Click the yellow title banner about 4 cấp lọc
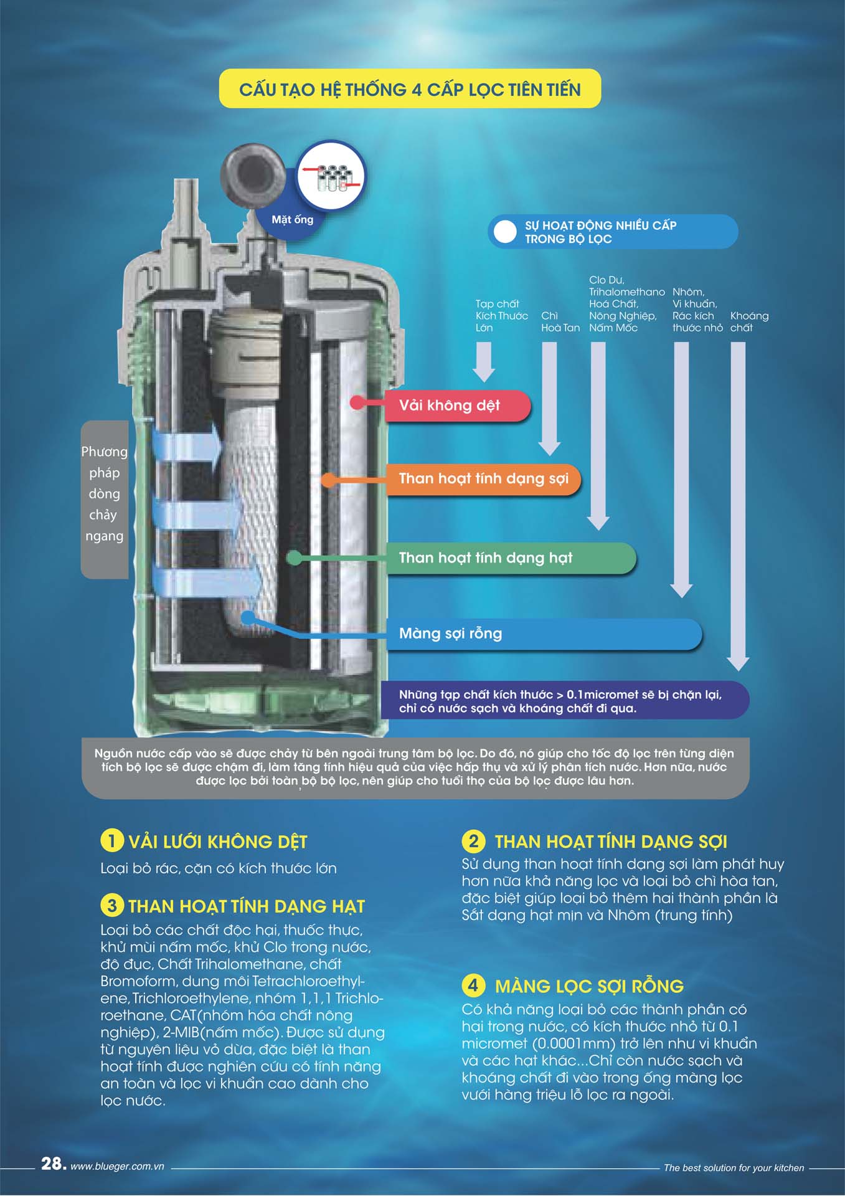click(410, 88)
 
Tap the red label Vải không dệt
click(458, 406)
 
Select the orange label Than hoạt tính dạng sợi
click(483, 478)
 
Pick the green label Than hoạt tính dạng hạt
click(511, 558)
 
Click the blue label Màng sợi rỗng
click(544, 634)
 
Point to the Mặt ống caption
click(292, 219)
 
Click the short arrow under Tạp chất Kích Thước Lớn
click(484, 362)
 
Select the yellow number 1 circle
click(111, 841)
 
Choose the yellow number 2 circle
click(473, 841)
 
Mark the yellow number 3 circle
click(111, 905)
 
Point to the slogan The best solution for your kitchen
click(734, 1168)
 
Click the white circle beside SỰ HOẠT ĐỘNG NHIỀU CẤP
click(504, 232)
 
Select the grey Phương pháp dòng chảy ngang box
click(105, 500)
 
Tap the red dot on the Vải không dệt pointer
click(357, 402)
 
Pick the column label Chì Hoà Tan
click(560, 321)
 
